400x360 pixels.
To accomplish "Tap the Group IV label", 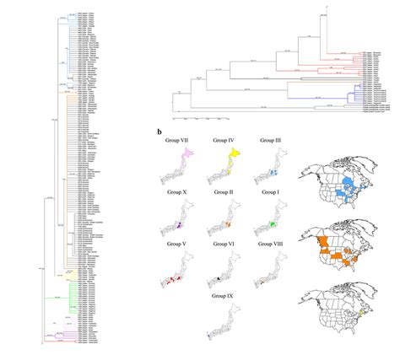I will (x=224, y=138).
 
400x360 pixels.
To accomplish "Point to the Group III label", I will (x=272, y=138).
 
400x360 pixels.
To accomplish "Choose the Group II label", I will (x=224, y=193).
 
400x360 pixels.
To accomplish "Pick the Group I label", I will (x=272, y=193).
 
